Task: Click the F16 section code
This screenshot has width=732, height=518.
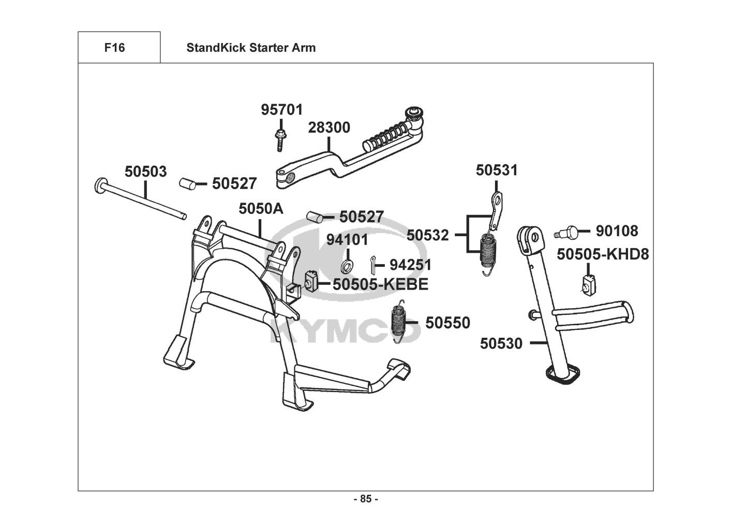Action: point(114,48)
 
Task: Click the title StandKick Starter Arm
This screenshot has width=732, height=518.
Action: point(251,48)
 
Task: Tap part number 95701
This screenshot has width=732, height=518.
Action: point(282,110)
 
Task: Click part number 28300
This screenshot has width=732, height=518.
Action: point(329,127)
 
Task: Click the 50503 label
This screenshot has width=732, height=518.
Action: point(146,171)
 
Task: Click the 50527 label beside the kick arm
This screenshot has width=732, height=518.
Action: point(234,183)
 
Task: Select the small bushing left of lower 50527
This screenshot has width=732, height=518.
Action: point(315,217)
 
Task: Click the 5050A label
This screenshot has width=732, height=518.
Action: point(261,209)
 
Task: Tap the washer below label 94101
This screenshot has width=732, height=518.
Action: point(347,266)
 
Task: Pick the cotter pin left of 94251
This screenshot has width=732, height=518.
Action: point(372,264)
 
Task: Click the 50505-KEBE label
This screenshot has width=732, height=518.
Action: point(380,284)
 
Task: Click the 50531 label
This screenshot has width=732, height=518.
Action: point(497,170)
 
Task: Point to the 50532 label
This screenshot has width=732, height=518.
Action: point(428,235)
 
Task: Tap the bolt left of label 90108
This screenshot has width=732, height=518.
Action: point(566,232)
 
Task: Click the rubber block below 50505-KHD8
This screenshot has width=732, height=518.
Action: point(589,285)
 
